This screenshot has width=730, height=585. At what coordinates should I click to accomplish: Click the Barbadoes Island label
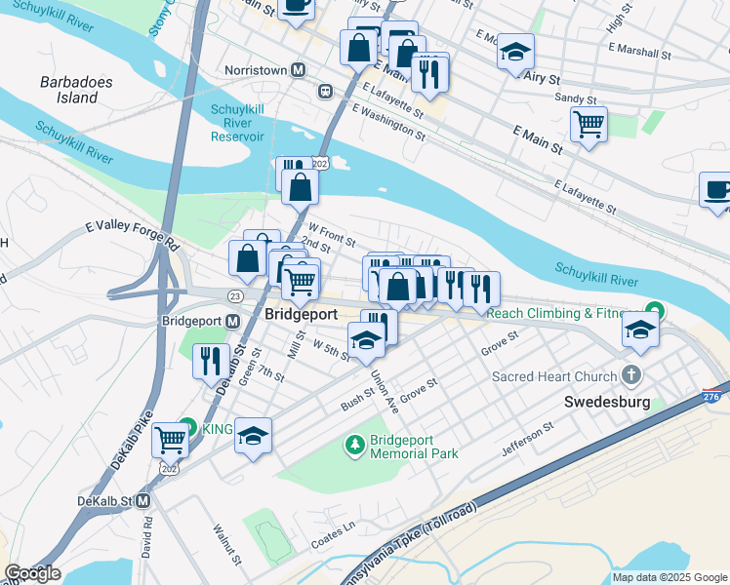(x=68, y=90)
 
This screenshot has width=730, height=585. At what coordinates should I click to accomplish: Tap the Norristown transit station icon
(x=299, y=70)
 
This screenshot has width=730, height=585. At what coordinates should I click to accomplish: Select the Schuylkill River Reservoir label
(x=237, y=123)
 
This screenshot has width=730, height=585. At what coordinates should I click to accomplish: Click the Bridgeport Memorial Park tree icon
(x=354, y=446)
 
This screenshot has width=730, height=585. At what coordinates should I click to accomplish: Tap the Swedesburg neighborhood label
(x=605, y=402)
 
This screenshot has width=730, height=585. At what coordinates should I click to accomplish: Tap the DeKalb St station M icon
(x=142, y=501)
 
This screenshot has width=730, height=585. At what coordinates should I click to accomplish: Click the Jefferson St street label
(x=527, y=440)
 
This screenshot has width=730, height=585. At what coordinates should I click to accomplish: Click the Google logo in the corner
(x=32, y=573)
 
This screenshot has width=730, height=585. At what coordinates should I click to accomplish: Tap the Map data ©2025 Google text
(x=669, y=577)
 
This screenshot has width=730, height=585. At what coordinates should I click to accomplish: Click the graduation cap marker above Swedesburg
(x=640, y=331)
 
